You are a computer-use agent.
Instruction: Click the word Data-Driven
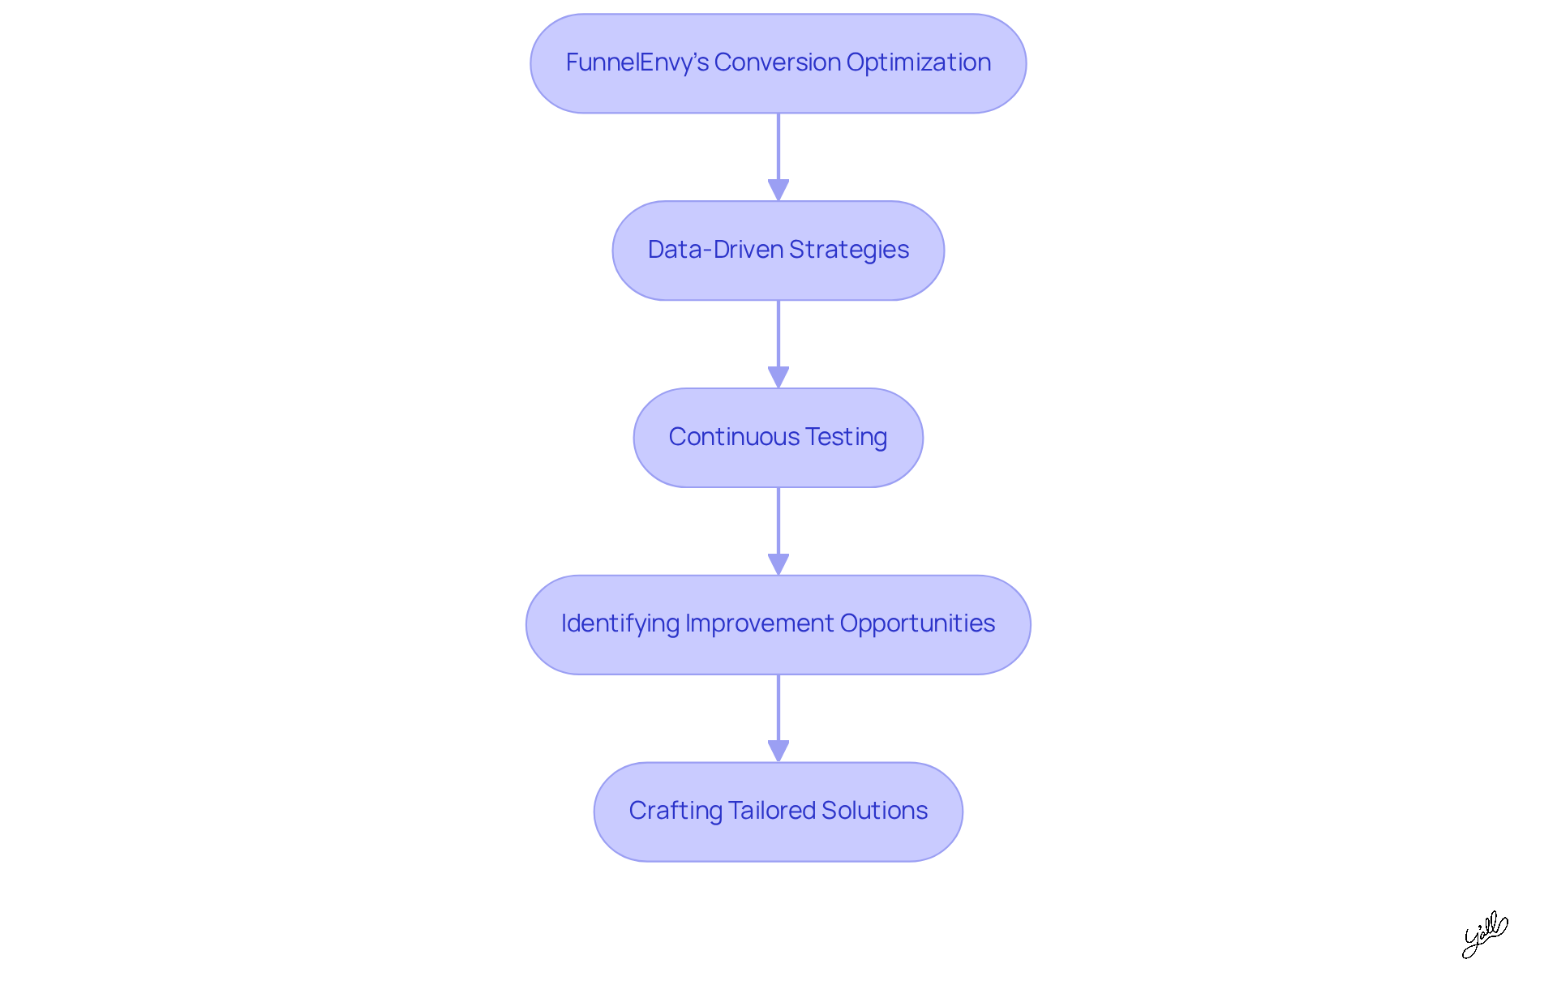coord(715,250)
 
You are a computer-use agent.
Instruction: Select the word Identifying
coord(620,623)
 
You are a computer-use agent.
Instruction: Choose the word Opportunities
coord(917,623)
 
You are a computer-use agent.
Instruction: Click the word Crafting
coord(675,811)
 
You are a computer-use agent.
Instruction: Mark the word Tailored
coord(771,811)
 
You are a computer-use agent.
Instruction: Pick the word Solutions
coord(874,811)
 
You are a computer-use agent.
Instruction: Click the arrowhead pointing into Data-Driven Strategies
coord(778,190)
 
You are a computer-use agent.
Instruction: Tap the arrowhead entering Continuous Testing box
coord(778,377)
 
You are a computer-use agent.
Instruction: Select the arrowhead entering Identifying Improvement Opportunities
coord(778,564)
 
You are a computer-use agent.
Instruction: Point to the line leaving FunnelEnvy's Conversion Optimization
coord(778,146)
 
